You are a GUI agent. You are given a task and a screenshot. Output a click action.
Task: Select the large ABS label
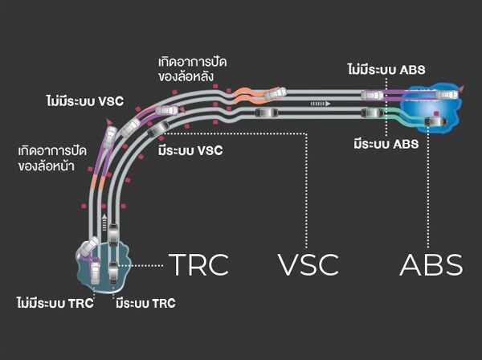point(431,264)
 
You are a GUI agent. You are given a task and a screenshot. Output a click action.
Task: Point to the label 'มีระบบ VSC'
point(190,149)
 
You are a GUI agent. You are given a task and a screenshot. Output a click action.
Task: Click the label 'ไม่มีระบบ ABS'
point(391,71)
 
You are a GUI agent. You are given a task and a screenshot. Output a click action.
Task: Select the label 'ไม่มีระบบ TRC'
point(54,303)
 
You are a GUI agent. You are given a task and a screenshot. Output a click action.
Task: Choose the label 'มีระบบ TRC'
point(145,303)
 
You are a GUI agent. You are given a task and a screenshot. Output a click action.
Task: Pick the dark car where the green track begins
point(371,115)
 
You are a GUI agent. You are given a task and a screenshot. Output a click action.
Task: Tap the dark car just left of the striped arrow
point(263,112)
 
